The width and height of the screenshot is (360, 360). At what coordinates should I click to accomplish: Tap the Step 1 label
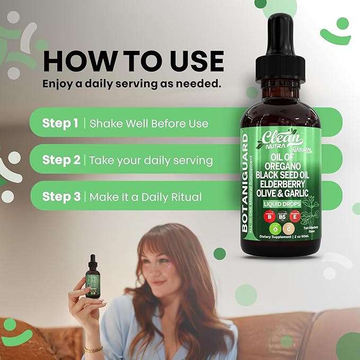pos(60,124)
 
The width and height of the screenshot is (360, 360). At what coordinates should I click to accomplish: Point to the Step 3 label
pos(62,197)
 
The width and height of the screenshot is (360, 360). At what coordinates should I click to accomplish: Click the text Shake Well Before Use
pos(149,124)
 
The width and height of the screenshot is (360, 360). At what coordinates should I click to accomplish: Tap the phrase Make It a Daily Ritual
pos(145,197)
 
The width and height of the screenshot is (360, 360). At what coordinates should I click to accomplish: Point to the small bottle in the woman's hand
pos(93,276)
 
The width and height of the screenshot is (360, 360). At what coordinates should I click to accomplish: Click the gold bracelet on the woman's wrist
pos(93,349)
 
